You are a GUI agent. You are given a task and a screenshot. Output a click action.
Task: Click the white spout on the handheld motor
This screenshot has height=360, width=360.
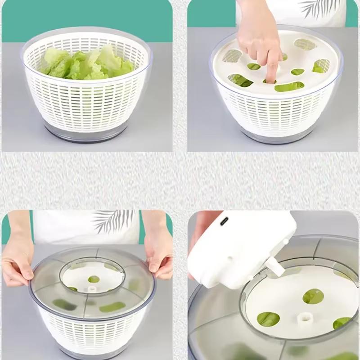(x=275, y=267)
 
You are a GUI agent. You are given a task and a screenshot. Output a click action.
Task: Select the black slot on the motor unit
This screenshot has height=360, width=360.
(x=224, y=221)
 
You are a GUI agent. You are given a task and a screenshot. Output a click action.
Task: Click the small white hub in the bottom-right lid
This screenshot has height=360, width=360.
(x=306, y=318)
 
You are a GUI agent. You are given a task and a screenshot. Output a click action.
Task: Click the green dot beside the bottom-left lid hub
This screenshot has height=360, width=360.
(x=94, y=279)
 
